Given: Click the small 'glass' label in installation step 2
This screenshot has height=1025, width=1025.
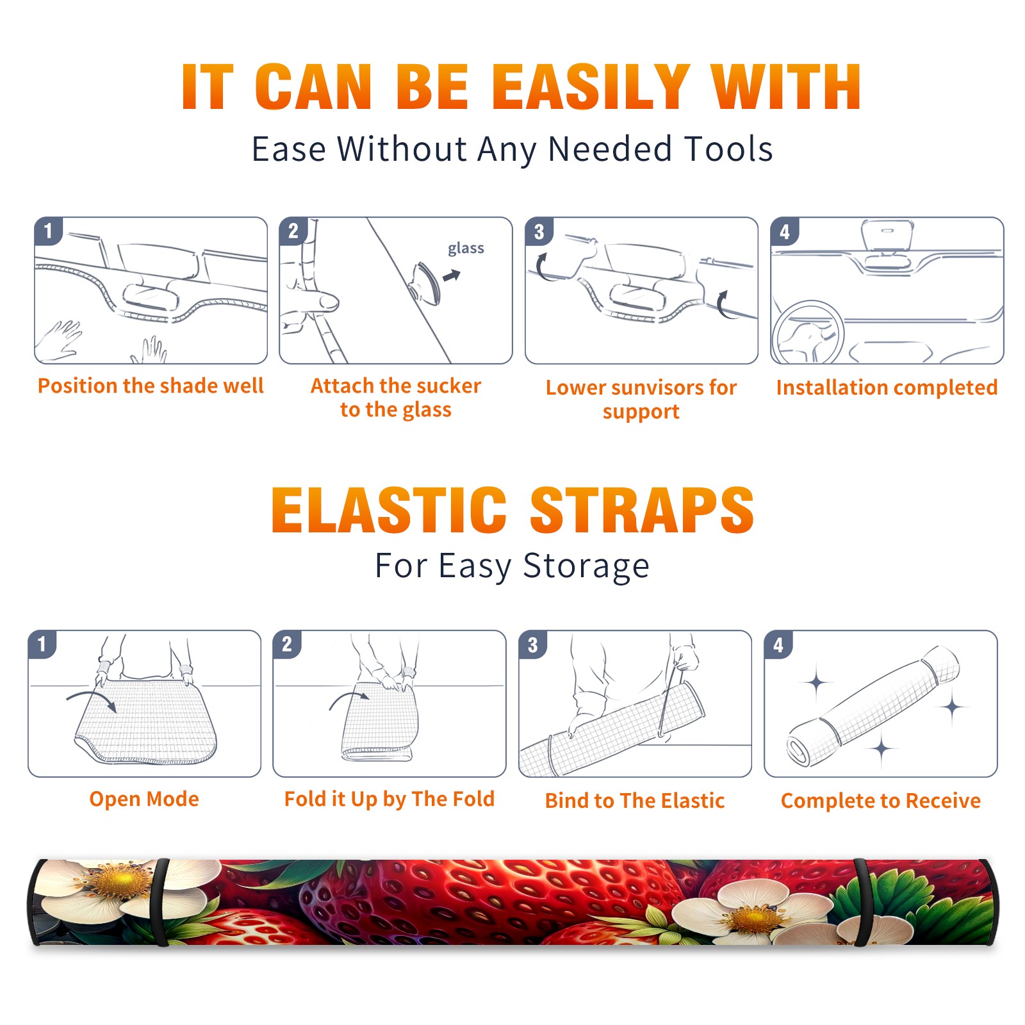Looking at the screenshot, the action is point(466,249).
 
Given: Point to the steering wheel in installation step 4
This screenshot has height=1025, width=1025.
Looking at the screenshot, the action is point(808,332).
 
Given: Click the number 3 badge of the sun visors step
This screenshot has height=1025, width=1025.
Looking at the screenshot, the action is point(539,232).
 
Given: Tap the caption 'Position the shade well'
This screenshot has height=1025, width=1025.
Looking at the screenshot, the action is point(151,386).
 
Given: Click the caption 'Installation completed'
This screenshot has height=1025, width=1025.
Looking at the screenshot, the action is point(887,388).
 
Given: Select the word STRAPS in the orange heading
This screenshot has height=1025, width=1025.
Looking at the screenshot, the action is point(642,510).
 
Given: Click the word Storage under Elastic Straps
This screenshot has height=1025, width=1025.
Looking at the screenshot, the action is point(586,566).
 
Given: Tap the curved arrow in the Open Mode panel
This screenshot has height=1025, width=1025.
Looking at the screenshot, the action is point(91,700).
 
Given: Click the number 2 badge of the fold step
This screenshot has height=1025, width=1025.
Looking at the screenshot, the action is point(287,644).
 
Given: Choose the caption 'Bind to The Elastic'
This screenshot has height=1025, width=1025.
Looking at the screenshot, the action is point(634,801).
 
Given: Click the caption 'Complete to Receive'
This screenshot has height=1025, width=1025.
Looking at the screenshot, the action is point(881,801).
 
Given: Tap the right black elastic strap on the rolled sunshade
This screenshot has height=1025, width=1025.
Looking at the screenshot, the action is point(862,902).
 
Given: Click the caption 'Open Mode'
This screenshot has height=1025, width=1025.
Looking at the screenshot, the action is point(144,799).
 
